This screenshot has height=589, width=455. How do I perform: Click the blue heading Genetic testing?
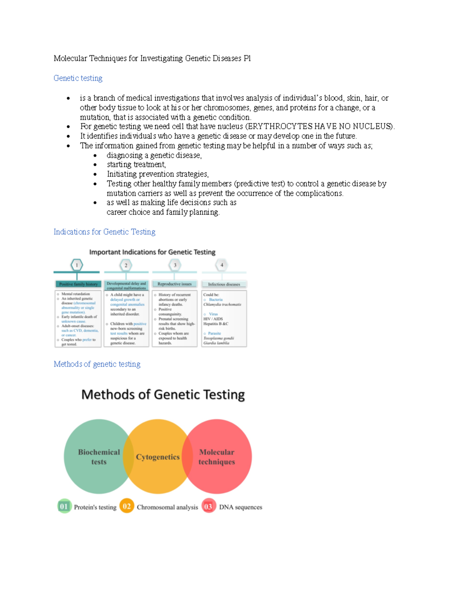78,78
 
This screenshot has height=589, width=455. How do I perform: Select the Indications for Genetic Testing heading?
104,232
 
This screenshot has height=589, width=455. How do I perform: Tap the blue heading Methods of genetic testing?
97,364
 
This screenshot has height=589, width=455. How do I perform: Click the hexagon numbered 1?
77,265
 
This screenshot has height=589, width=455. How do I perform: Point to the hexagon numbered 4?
222,265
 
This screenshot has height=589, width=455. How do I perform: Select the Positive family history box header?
78,284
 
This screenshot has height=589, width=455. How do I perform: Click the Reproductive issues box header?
174,284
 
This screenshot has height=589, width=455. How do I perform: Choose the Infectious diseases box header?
224,284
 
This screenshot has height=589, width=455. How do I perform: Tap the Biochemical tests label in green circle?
99,457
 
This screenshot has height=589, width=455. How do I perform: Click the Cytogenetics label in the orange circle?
158,457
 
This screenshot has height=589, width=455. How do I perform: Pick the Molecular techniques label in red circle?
217,457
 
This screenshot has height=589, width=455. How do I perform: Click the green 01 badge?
64,506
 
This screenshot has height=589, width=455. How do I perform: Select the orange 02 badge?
127,506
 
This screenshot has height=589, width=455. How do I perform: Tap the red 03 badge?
208,506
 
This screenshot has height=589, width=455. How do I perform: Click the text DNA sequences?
240,507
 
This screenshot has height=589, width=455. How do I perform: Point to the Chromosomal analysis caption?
167,507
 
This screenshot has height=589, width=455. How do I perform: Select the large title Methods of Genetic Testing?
163,394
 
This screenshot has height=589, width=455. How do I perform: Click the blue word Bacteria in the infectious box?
215,300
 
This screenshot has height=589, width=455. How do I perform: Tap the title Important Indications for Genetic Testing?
152,252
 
